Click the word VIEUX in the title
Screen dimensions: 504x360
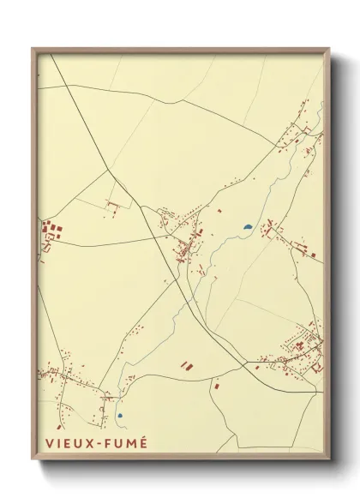pos(66,443)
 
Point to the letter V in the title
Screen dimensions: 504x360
pos(47,443)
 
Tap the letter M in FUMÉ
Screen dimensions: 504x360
pos(130,443)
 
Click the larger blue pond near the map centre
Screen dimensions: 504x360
pos(248,227)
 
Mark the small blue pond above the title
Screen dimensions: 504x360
pos(120,416)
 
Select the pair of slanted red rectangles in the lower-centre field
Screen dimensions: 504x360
pos(186,365)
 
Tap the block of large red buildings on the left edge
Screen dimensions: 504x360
pos(51,230)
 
